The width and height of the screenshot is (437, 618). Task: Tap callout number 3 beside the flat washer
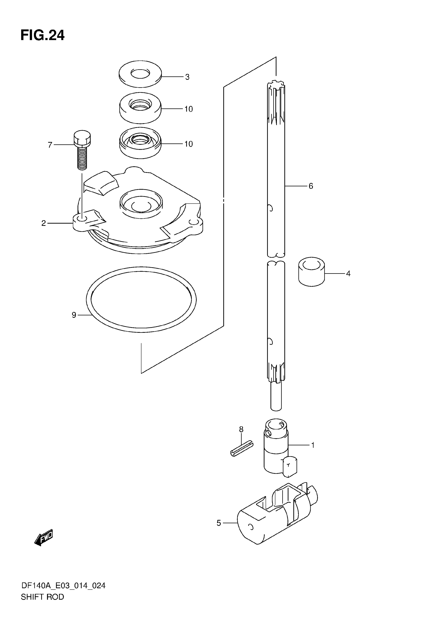187,77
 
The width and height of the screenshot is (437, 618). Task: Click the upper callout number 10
189,109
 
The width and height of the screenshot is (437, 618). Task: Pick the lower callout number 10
189,144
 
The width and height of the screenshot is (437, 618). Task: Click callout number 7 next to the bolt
50,145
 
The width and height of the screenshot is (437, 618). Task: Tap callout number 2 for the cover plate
44,223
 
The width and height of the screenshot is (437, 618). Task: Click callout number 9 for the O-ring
74,315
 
